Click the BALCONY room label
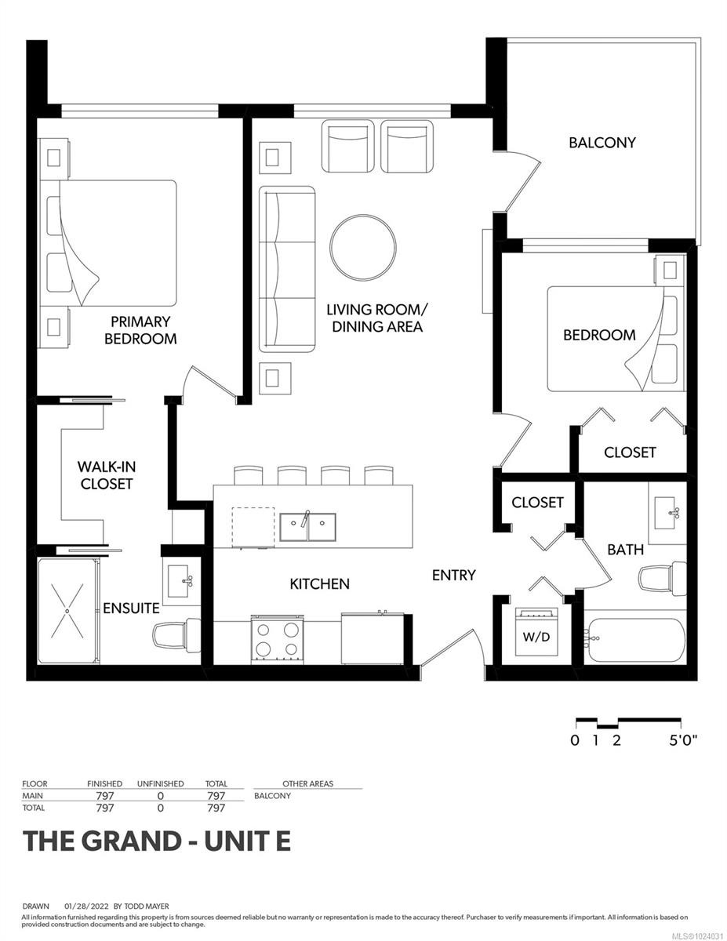602,143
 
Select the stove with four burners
278,637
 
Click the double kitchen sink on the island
307,526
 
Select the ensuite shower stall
68,609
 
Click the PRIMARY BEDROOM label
140,330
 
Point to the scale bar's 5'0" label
682,740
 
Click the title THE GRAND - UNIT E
157,841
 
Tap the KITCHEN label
319,583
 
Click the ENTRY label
453,575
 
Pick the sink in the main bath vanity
668,514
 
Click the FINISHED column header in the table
104,783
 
